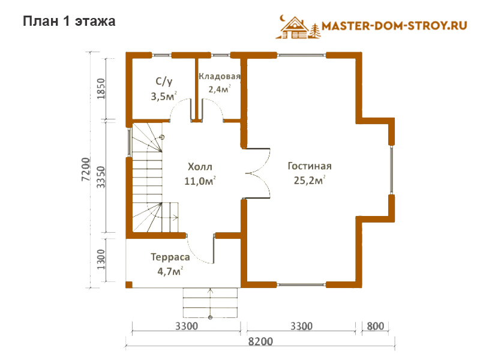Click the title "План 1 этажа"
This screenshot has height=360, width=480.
69,22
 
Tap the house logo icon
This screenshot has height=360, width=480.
298,27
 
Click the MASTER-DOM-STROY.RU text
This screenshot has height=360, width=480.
394,26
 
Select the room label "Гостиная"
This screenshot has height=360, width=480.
310,166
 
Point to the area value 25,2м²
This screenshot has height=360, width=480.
309,180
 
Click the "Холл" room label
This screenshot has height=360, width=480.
200,167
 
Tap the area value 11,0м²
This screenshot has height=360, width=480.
200,181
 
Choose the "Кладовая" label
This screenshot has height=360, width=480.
219,76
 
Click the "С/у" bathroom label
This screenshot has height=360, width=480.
164,82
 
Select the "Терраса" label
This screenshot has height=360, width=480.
170,257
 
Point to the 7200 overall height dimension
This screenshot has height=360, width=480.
86,169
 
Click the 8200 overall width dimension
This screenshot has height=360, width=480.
260,341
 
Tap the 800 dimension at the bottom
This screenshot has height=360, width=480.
376,326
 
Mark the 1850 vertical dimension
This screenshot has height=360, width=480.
101,89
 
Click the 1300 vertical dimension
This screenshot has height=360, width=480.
101,259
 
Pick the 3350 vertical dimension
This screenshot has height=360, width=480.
101,177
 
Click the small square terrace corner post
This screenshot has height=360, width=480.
129,284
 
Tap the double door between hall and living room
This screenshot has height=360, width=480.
258,173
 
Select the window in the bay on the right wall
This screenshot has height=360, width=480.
391,170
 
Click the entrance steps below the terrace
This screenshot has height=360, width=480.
211,303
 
